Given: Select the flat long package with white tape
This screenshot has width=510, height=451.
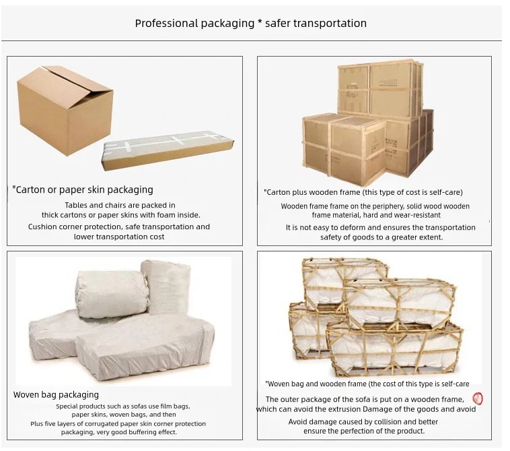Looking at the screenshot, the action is tap(169, 150).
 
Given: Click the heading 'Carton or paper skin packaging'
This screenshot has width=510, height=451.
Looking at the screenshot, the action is tap(83, 190).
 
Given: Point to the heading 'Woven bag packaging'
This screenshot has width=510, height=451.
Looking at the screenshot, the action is tap(57, 395).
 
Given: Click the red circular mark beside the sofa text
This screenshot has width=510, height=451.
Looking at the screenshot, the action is tap(478, 399).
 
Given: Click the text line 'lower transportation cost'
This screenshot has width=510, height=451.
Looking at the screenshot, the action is tap(119, 237).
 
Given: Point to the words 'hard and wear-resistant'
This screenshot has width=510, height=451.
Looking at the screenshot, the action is tap(404, 215).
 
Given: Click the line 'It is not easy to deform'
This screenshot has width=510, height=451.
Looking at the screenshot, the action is tap(380, 228).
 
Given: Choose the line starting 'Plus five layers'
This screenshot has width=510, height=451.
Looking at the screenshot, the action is tap(118, 424).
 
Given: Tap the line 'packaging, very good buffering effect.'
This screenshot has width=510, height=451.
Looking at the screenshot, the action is tap(119, 433).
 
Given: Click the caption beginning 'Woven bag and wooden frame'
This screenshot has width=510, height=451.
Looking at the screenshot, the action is tap(367, 384).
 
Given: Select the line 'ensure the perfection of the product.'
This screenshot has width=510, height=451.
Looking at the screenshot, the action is tap(364, 431).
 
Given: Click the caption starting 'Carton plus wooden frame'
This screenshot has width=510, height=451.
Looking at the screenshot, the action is tap(364, 193).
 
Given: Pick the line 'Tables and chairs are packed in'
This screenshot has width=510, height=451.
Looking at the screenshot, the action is tap(120, 206).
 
